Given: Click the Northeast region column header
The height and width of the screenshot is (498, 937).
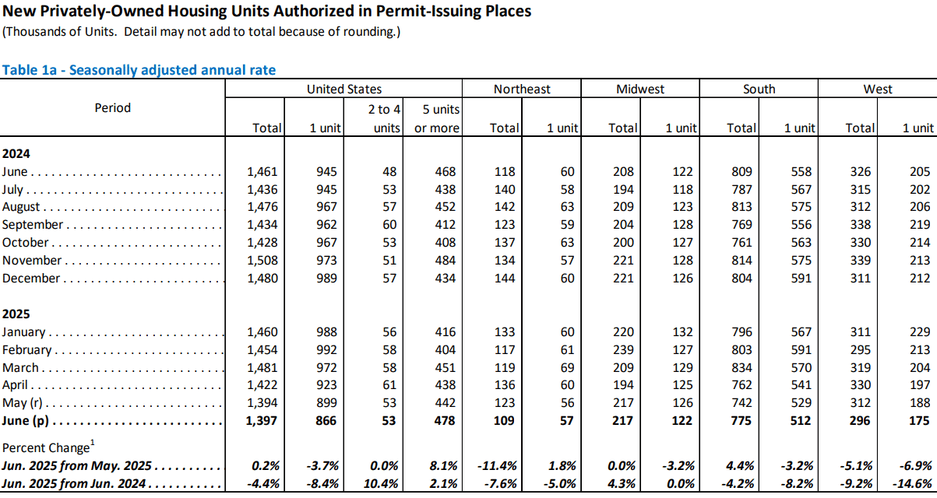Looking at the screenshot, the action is point(522,89).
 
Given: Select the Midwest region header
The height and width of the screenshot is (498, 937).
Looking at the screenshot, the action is point(640,89).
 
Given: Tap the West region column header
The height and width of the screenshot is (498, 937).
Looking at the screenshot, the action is point(878,89).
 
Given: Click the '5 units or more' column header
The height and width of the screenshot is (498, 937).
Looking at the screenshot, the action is point(437,118).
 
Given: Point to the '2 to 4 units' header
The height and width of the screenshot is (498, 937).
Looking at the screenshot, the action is point(385,118).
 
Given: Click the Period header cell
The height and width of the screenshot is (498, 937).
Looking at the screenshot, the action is point(112,108).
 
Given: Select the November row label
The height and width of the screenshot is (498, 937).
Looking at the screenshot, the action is point(32,260).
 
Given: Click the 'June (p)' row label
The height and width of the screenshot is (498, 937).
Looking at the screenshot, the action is point(26,421).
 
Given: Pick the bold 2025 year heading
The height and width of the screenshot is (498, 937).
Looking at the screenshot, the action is point(16,314).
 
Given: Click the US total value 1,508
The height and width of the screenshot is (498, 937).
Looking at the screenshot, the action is point(262,260).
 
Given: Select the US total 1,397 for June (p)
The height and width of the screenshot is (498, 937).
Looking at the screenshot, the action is point(262,421).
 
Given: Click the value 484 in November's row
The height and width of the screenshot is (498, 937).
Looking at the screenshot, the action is point(445,260).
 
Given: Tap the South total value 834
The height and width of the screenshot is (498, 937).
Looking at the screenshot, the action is point(741,367).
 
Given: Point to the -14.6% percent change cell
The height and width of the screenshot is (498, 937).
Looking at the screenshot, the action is point(912,484).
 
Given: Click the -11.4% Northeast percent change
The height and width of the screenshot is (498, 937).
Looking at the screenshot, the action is point(497,466).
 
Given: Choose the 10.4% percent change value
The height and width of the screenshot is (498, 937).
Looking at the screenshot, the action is point(381,484).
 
